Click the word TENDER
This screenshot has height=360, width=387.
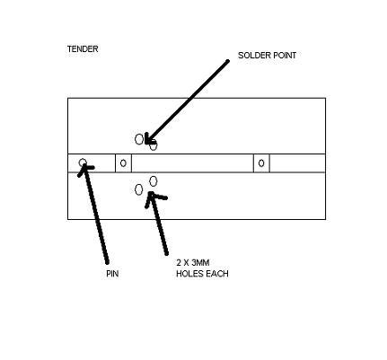[x=83, y=49]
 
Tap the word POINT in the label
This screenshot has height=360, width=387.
[x=285, y=56]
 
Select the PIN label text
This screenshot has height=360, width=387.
[x=112, y=274]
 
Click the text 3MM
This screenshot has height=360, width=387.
[x=200, y=263]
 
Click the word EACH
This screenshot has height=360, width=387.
[x=217, y=274]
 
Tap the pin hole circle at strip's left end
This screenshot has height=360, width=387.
[x=83, y=162]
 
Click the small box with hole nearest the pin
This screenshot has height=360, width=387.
[x=123, y=163]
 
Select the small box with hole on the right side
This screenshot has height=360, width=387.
[x=261, y=163]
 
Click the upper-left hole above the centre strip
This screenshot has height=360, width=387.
[x=139, y=139]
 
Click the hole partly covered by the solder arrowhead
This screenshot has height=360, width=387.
[x=154, y=146]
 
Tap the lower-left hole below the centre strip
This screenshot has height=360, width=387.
[x=138, y=189]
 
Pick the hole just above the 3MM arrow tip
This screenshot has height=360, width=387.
[x=153, y=181]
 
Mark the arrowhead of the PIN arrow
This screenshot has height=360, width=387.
[x=85, y=168]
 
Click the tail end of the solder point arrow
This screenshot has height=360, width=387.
[x=228, y=61]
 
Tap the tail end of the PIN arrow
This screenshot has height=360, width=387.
[x=108, y=263]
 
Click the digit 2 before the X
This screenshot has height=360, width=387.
[x=179, y=263]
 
